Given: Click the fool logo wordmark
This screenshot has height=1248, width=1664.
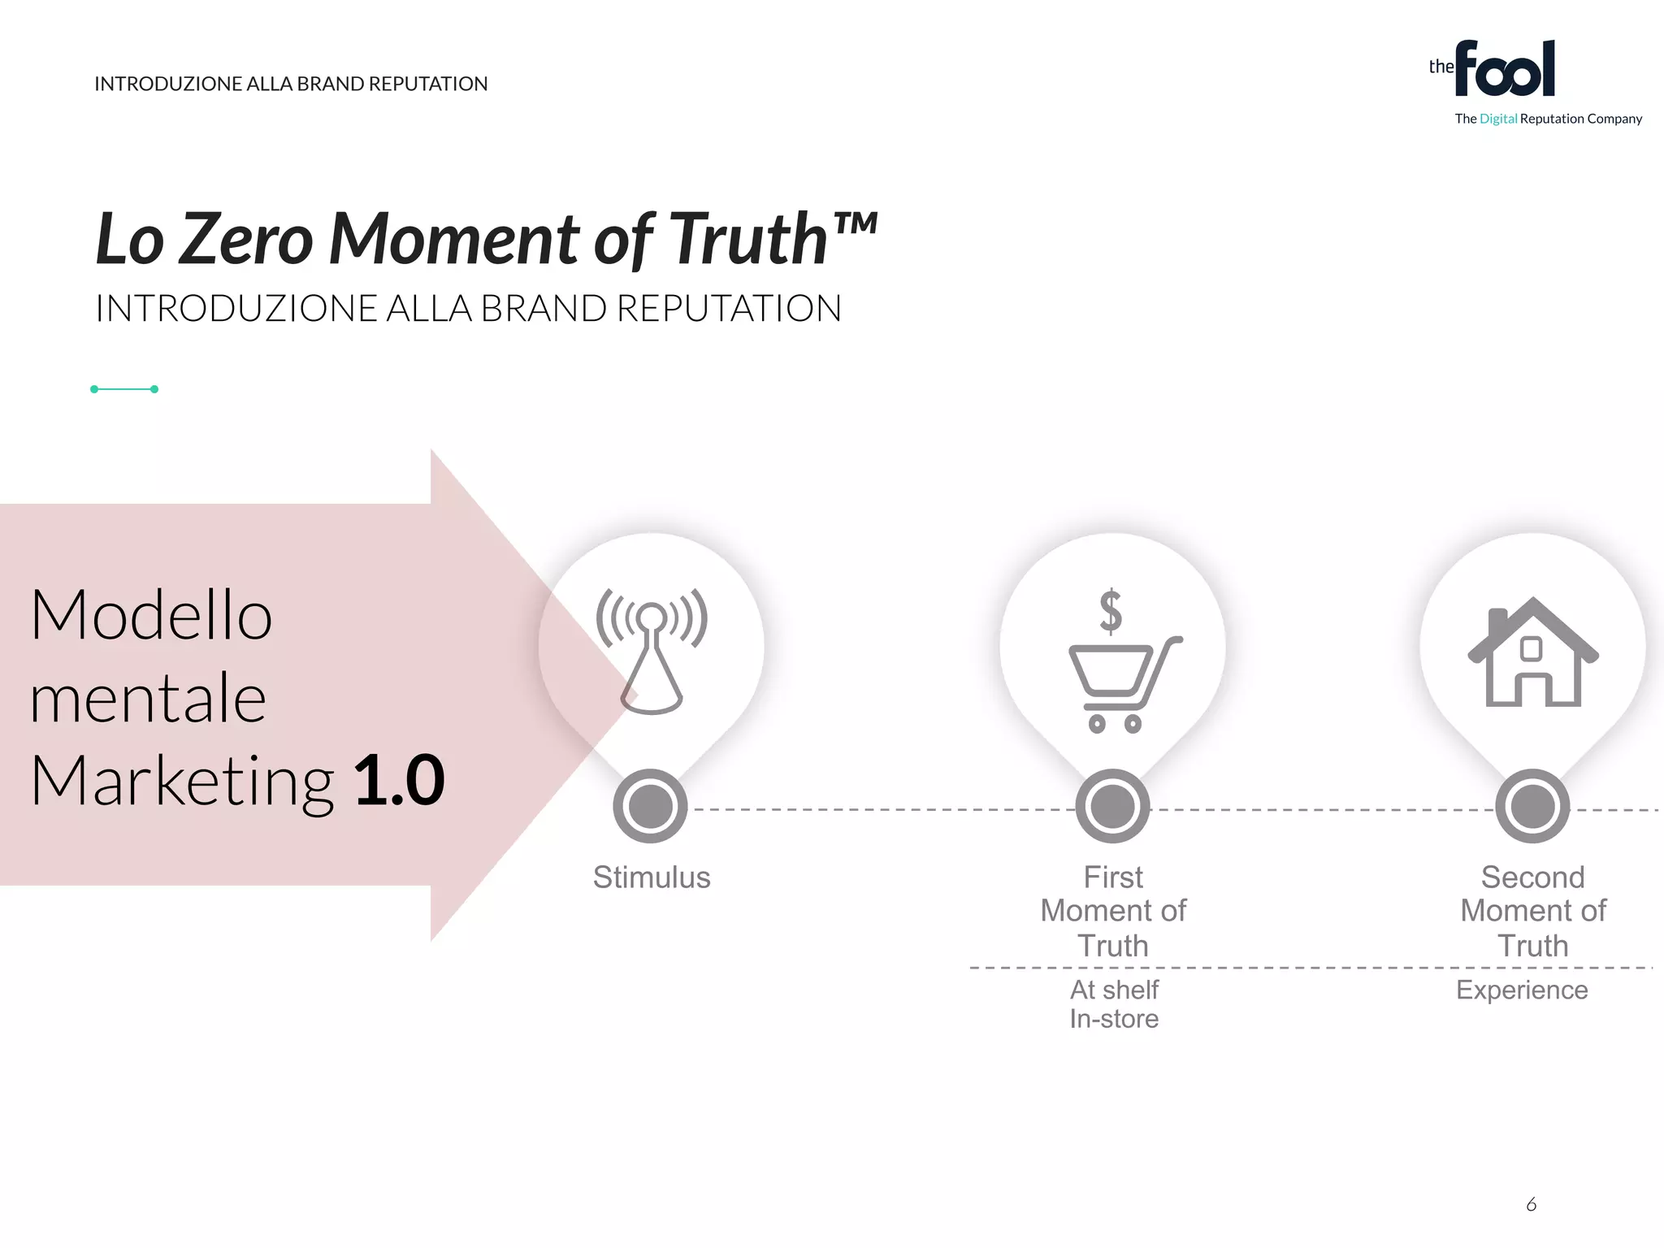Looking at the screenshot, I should pyautogui.click(x=1504, y=70).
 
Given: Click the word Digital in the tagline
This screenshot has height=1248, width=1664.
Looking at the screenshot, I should pyautogui.click(x=1498, y=119).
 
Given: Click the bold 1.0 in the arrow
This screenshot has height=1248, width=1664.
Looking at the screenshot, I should pyautogui.click(x=400, y=781).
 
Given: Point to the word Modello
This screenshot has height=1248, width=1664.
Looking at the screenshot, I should pyautogui.click(x=151, y=615).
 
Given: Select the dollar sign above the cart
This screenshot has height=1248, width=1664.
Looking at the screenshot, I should pyautogui.click(x=1111, y=611).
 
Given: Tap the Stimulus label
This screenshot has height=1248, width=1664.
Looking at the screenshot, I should pyautogui.click(x=652, y=877).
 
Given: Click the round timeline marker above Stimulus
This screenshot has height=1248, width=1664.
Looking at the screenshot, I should pyautogui.click(x=651, y=806).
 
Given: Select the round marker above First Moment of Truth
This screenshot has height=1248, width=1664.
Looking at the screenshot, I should pyautogui.click(x=1112, y=806).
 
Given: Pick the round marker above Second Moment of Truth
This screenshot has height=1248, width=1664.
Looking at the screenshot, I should pyautogui.click(x=1532, y=806).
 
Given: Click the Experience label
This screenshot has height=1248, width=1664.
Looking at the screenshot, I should pyautogui.click(x=1522, y=990).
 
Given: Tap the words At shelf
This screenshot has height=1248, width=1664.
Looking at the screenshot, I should pyautogui.click(x=1114, y=990).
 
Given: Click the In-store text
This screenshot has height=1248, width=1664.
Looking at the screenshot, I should pyautogui.click(x=1114, y=1019).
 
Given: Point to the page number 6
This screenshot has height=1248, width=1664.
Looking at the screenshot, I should pyautogui.click(x=1532, y=1204).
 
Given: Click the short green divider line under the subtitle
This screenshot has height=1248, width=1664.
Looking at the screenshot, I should pyautogui.click(x=124, y=389).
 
